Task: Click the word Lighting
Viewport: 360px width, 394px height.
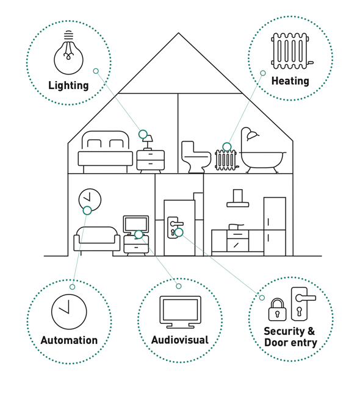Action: [x=68, y=85]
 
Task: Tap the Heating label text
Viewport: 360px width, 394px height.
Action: [x=290, y=81]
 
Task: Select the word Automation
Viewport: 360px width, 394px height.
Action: [x=69, y=340]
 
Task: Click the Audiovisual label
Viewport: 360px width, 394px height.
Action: [x=180, y=340]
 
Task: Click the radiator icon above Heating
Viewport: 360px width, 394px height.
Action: [x=292, y=51]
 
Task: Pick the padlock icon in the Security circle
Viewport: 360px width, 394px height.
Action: [x=277, y=310]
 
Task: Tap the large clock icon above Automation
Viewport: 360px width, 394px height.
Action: [x=69, y=312]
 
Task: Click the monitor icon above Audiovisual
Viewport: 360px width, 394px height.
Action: [x=180, y=312]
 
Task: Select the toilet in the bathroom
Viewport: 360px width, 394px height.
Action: [x=196, y=157]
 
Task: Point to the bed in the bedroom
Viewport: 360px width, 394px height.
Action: [x=105, y=152]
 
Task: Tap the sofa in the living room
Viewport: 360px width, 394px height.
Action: [x=97, y=239]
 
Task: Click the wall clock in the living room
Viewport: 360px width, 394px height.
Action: [x=90, y=200]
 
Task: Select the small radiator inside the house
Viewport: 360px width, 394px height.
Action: [x=226, y=160]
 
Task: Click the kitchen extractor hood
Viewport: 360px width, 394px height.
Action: [x=237, y=198]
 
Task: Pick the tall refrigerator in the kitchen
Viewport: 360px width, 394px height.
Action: [x=275, y=226]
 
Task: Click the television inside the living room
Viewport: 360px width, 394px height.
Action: [x=135, y=224]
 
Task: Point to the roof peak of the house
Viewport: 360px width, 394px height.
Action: [x=179, y=33]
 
